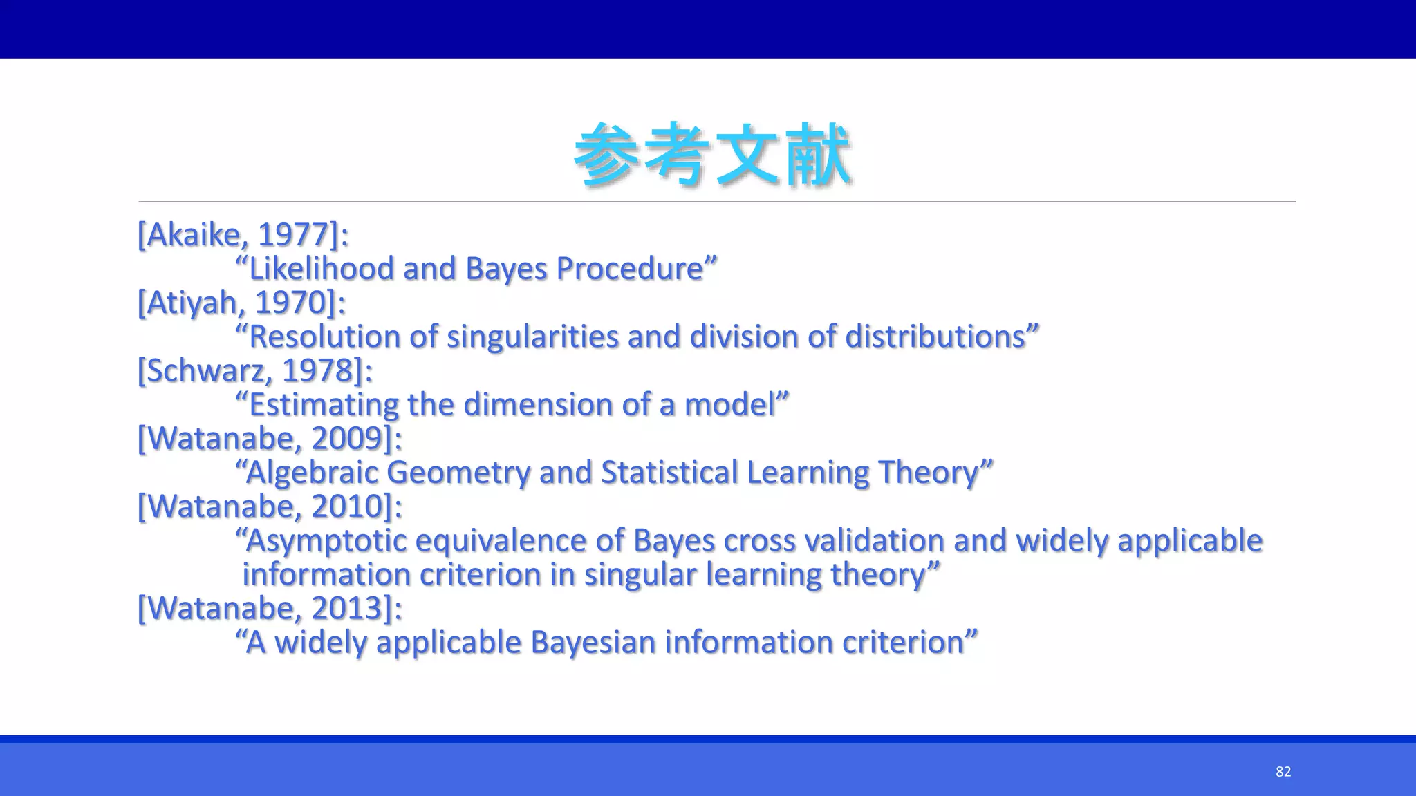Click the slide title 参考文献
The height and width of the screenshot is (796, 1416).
point(712,155)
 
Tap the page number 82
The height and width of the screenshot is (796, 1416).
point(1283,772)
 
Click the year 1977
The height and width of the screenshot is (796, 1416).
point(293,235)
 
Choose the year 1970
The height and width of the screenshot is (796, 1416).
point(290,303)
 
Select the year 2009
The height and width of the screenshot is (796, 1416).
point(347,439)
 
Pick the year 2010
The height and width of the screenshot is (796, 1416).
point(347,506)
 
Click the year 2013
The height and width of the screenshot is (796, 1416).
point(347,609)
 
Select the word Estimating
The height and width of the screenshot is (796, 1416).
point(323,405)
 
